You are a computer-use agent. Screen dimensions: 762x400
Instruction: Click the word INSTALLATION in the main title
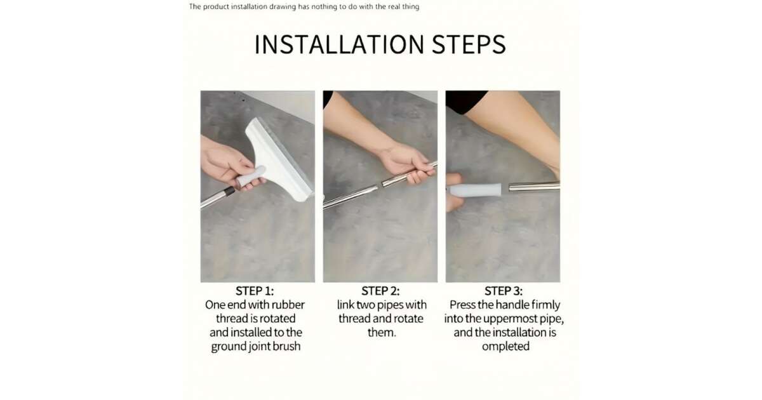[339, 44]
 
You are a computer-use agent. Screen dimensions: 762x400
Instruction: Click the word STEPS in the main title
[469, 44]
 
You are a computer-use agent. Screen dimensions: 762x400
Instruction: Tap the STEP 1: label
[255, 291]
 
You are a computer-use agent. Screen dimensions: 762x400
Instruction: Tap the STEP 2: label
[380, 291]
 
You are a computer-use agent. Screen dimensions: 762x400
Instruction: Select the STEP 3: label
[504, 291]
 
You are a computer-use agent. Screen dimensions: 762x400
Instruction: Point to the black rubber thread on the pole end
[229, 191]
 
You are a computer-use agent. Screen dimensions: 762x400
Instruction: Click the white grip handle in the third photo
[474, 190]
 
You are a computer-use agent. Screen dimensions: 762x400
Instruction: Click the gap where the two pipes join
[380, 185]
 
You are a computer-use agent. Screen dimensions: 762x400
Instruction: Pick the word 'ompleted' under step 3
[505, 346]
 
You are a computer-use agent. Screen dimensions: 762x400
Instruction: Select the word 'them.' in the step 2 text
[382, 332]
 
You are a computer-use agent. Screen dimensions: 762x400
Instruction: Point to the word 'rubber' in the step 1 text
[288, 305]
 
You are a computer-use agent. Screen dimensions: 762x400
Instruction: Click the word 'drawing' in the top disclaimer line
[283, 7]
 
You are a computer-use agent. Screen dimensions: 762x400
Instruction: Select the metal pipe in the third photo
[534, 187]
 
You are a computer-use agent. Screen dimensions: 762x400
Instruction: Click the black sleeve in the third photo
[466, 101]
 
